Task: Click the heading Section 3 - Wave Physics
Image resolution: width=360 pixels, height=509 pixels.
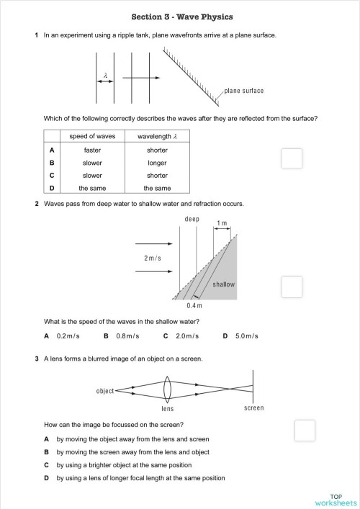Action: click(182, 17)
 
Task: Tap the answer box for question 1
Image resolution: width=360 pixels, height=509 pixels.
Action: click(292, 158)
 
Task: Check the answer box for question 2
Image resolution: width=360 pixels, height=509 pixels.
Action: click(292, 287)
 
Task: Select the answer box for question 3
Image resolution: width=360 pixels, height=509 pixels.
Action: click(305, 430)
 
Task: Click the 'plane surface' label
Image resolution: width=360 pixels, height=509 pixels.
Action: click(244, 91)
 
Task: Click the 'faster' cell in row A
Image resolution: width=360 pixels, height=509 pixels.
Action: click(92, 150)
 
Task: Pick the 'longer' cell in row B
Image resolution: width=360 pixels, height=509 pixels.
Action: click(157, 163)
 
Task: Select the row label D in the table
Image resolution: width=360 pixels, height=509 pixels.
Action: click(51, 188)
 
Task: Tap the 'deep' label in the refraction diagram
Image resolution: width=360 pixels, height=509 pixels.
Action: click(192, 219)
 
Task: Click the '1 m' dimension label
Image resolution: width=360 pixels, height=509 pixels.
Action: click(222, 224)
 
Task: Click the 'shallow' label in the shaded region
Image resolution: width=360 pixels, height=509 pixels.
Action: click(224, 284)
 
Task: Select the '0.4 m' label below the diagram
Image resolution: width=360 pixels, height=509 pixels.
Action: click(194, 306)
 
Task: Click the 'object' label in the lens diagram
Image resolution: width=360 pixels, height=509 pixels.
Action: click(105, 391)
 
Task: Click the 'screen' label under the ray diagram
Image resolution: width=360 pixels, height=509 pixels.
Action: click(253, 408)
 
